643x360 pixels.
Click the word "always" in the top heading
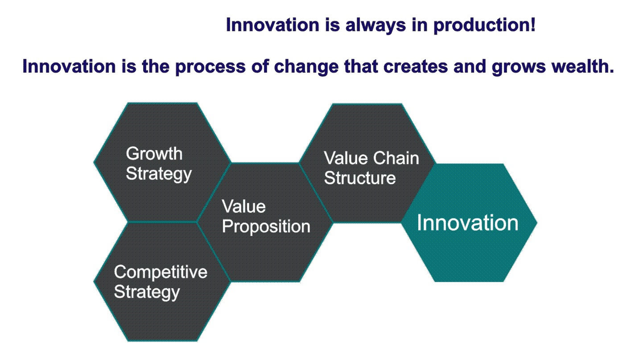coord(375,25)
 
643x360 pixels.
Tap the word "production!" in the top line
coord(485,25)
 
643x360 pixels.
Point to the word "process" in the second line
coord(210,67)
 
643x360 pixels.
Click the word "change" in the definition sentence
coord(306,67)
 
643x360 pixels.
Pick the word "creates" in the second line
coord(416,66)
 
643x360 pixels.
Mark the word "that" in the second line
coord(361,66)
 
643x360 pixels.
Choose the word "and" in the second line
coord(470,66)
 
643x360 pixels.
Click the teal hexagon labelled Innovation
coord(469,223)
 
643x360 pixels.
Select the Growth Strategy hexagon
coord(162,162)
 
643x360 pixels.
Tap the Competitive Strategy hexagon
coord(162,281)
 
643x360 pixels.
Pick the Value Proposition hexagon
coord(265,222)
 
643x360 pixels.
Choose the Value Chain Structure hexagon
coord(367,163)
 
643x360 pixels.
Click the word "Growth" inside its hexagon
coord(154,153)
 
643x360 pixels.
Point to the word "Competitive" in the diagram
coord(161,272)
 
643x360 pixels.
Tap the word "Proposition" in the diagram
coord(266,227)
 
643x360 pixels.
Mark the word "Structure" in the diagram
coord(360,178)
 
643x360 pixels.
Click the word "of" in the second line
coord(260,66)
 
